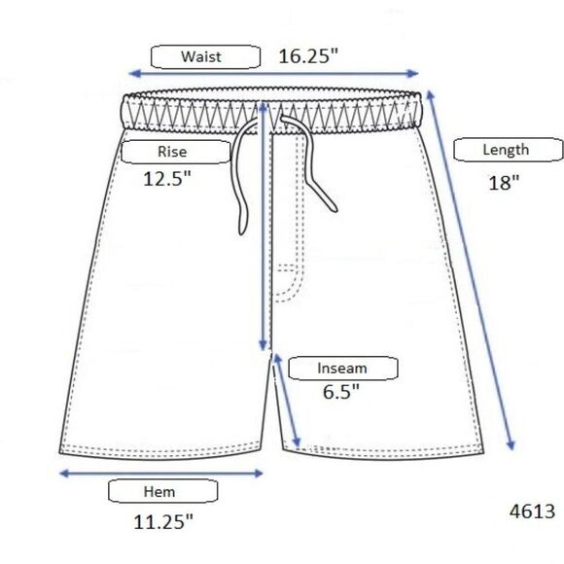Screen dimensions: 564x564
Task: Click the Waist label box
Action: (x=205, y=56)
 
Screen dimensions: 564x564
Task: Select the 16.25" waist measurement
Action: (x=308, y=56)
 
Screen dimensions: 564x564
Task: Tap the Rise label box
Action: (x=176, y=152)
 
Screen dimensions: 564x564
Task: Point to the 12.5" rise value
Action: (x=167, y=178)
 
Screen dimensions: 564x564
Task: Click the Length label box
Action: (x=509, y=150)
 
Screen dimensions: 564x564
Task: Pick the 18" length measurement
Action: (x=504, y=183)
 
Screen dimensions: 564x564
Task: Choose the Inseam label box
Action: (x=343, y=368)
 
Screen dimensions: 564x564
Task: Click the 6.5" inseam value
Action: (x=341, y=392)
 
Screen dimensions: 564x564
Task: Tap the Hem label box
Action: (x=163, y=491)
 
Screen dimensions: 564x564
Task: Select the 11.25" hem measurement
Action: (x=163, y=522)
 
